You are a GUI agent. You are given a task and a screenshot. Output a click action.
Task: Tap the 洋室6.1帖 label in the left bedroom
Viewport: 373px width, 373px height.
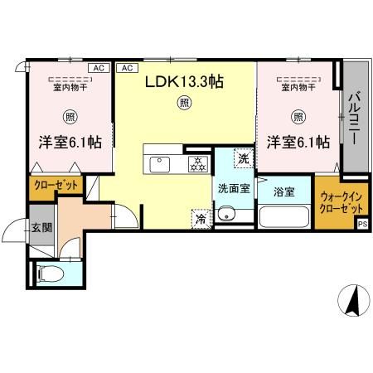[70, 142]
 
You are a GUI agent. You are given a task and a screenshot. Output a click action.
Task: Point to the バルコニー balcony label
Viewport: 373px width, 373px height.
[351, 118]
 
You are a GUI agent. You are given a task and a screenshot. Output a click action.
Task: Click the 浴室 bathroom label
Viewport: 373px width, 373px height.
[284, 191]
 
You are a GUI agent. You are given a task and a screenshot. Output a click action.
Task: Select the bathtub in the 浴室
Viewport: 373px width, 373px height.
[284, 218]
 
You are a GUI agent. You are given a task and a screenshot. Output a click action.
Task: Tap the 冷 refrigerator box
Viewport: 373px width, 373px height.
[201, 220]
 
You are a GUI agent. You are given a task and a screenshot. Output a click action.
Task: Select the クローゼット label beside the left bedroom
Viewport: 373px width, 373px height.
[56, 186]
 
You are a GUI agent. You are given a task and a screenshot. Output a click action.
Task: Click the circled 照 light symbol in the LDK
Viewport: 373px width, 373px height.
[184, 104]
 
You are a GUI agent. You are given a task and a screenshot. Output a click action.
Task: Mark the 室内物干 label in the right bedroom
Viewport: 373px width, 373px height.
[298, 86]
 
